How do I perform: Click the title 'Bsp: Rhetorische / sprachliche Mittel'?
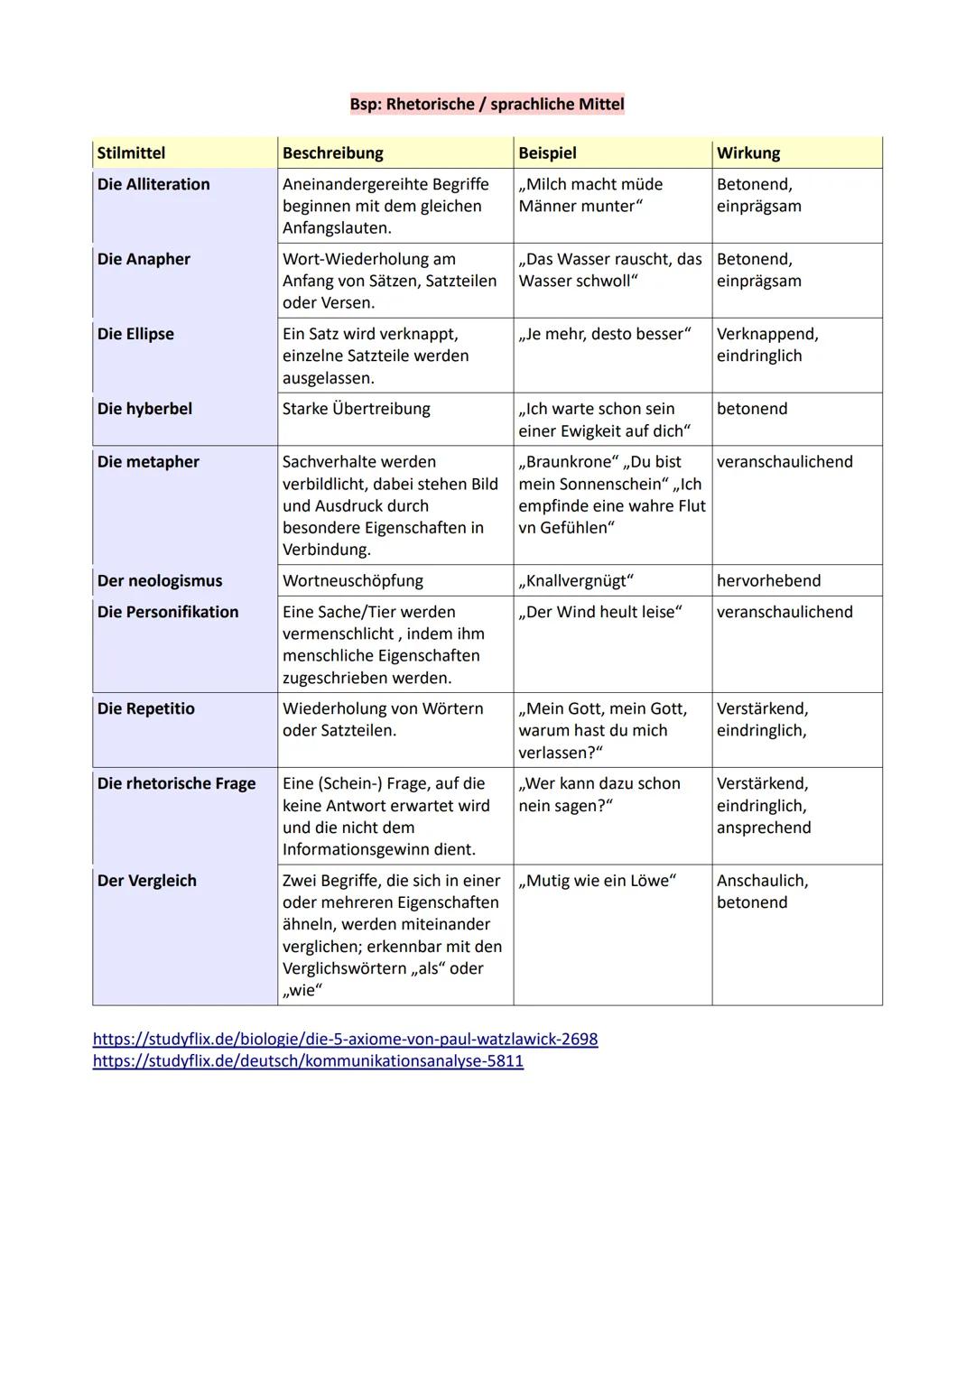click(x=487, y=104)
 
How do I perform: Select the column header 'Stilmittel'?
click(x=132, y=153)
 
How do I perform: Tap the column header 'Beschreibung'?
click(x=333, y=153)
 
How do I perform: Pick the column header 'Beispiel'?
click(x=547, y=153)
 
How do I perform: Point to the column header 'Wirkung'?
click(x=748, y=153)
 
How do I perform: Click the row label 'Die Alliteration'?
click(x=153, y=184)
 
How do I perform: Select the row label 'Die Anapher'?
click(x=144, y=259)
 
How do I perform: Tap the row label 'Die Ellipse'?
click(x=135, y=334)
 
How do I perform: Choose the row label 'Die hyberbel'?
click(x=144, y=409)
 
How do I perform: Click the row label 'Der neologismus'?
click(x=160, y=580)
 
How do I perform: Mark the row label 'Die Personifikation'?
click(x=168, y=612)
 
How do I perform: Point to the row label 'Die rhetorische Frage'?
click(x=176, y=783)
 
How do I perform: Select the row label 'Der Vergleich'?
click(x=147, y=881)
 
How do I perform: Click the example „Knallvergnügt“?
click(x=576, y=580)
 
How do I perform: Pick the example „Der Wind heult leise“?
click(x=600, y=612)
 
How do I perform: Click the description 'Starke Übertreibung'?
click(x=357, y=409)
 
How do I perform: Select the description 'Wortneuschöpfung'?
click(x=353, y=580)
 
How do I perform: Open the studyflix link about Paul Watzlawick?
click(x=345, y=1039)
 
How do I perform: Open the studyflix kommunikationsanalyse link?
click(x=308, y=1060)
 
